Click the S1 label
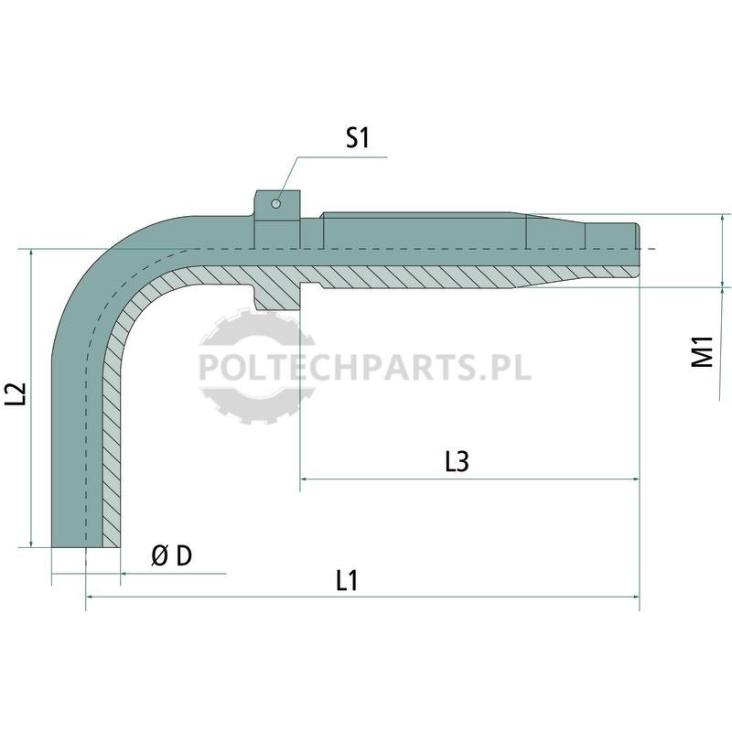357,138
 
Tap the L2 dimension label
16,393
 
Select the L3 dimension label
456,461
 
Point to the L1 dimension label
347,581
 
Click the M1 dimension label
702,351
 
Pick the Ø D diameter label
172,555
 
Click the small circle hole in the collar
276,203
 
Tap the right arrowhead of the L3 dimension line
635,479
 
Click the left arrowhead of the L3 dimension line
304,479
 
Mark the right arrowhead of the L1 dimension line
635,597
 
